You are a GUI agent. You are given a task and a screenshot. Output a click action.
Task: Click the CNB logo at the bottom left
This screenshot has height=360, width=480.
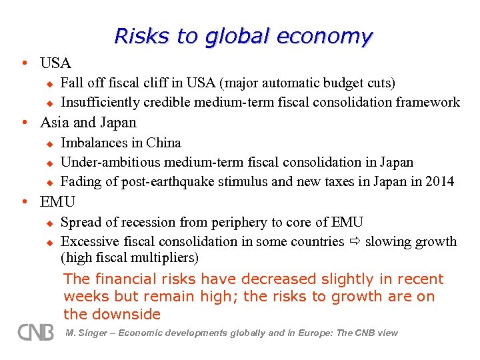tap(36, 331)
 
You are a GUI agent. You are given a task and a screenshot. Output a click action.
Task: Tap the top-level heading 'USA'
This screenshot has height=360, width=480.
tap(55, 63)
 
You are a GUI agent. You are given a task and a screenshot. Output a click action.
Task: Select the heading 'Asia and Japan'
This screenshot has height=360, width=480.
tap(88, 123)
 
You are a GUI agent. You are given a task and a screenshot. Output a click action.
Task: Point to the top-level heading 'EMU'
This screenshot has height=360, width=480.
tap(58, 201)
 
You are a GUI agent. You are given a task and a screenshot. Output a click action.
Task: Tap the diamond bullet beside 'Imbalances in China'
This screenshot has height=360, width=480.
tap(49, 143)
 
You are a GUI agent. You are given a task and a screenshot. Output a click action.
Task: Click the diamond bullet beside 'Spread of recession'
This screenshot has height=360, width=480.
tap(49, 223)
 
